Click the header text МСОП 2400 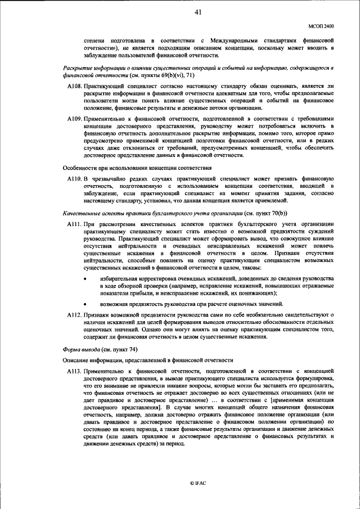[x=321, y=26]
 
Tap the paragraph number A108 [x=75, y=86]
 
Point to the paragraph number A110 [x=75, y=178]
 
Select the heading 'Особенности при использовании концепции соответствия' [x=137, y=167]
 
